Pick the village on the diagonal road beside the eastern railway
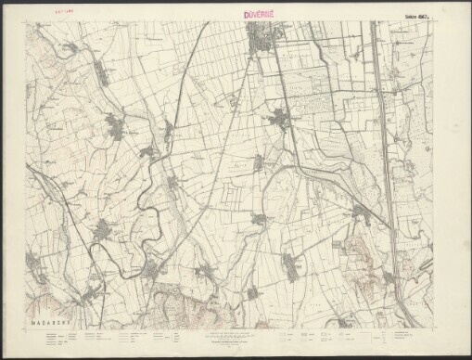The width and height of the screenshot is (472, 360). pos(363,215)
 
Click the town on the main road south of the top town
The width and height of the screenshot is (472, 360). pos(279,118)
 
